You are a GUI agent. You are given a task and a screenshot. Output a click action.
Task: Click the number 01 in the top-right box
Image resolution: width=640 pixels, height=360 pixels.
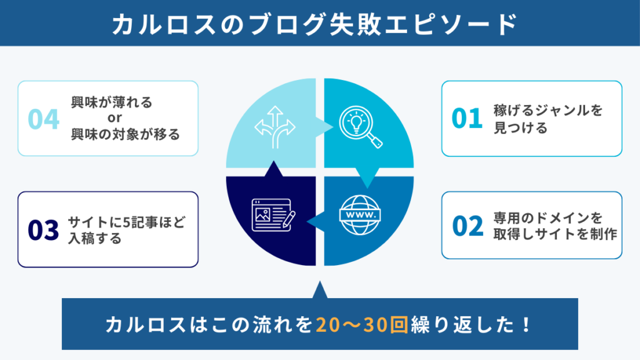[467, 118]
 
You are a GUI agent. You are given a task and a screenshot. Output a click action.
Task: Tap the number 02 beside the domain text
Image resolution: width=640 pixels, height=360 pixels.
[467, 226]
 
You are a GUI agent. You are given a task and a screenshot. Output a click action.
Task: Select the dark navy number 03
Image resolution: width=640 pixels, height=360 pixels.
[43, 230]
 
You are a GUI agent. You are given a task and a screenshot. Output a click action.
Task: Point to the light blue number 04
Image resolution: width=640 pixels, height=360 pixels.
[43, 119]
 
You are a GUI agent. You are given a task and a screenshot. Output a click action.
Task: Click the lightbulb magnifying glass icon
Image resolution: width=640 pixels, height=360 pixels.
[361, 126]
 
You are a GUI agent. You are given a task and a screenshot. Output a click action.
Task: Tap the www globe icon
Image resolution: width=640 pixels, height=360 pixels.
[360, 215]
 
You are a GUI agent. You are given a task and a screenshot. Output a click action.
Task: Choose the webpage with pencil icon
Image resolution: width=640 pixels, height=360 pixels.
[273, 215]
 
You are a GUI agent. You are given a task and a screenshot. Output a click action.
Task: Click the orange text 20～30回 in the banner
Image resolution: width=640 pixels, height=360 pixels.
[362, 325]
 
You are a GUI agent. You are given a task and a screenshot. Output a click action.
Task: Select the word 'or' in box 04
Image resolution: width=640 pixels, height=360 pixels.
[115, 118]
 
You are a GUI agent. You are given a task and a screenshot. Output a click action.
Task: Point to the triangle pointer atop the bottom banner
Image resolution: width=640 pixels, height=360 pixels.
[320, 290]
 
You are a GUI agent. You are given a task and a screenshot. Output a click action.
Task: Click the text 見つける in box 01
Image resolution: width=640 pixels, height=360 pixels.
[521, 127]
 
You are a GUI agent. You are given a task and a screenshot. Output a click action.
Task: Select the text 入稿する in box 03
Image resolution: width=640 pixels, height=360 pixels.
[95, 238]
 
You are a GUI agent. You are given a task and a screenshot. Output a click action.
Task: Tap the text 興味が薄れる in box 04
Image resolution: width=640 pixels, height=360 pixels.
[111, 102]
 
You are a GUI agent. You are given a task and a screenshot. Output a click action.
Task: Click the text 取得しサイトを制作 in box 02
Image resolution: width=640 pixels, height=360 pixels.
[555, 234]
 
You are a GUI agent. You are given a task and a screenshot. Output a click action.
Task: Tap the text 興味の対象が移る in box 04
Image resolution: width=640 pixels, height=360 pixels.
[125, 134]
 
